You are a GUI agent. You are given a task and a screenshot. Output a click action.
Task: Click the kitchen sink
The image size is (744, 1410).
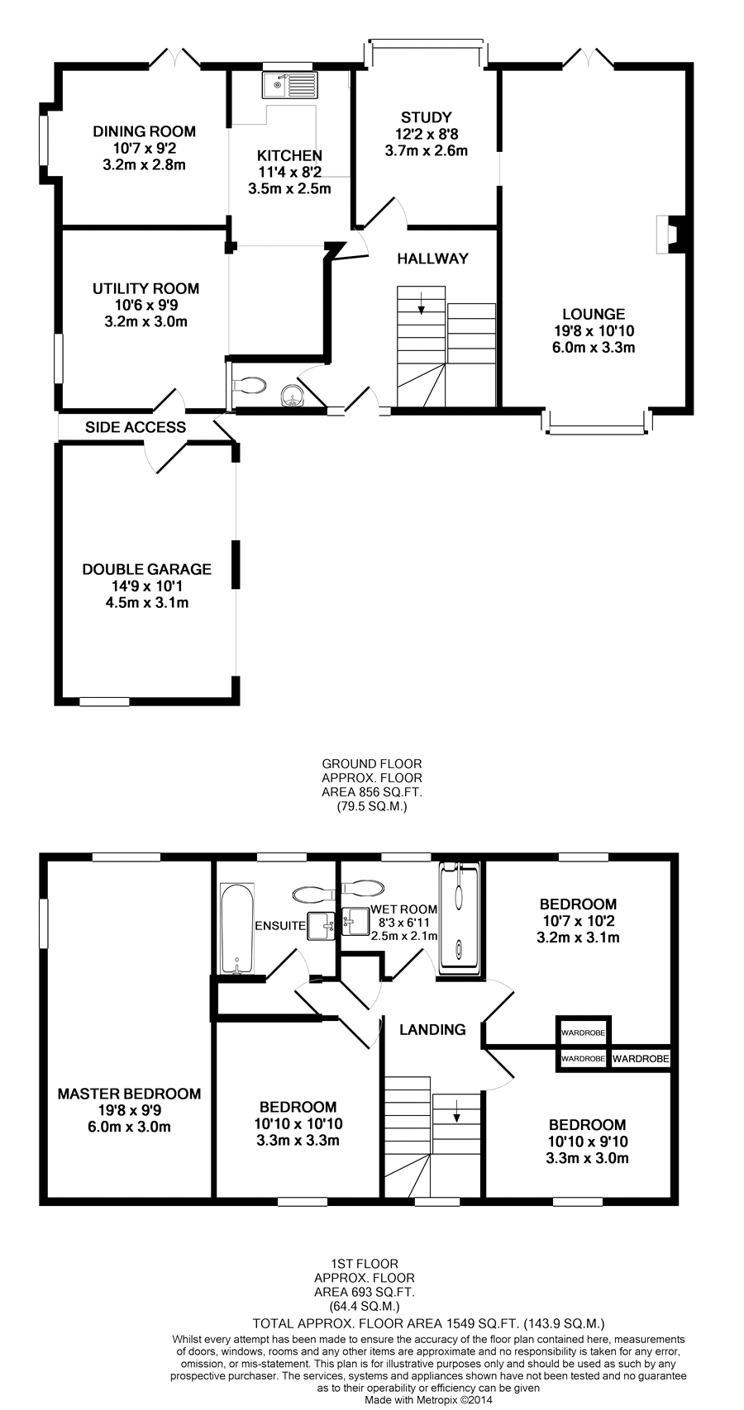[290, 84]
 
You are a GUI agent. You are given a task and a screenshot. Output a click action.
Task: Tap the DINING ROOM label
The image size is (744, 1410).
[145, 131]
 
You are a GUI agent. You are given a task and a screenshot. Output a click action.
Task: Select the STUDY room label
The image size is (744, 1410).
[427, 117]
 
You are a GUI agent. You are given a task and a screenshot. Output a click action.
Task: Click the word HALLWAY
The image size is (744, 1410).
[433, 258]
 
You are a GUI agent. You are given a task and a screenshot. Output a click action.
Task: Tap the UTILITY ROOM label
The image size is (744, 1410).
[145, 288]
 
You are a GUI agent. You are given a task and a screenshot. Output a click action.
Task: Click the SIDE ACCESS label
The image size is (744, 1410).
[136, 427]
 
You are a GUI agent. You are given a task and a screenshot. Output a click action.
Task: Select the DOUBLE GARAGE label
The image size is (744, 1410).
[147, 569]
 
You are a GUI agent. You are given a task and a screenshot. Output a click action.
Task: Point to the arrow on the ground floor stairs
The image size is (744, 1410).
[421, 303]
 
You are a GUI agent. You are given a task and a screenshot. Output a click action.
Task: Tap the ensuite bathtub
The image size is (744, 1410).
[237, 928]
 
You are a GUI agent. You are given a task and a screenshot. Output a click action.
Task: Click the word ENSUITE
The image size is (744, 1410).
[280, 925]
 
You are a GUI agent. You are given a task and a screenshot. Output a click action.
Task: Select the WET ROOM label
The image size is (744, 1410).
[403, 909]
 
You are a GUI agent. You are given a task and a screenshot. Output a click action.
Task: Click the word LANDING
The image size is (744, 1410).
[433, 1029]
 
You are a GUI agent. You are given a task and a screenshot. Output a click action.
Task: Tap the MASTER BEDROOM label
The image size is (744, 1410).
[129, 1094]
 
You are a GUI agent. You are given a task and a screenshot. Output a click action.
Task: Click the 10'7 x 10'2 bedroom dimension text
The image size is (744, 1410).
[578, 921]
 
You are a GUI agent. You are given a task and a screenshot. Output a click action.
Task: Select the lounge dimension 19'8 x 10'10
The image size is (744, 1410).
[594, 330]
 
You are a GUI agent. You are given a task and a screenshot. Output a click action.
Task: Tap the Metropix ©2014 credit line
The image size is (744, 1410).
[428, 1400]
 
